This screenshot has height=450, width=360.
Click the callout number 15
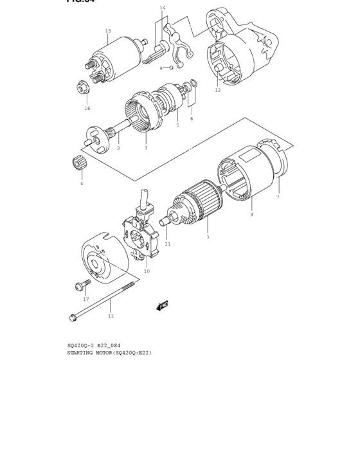point(108,31)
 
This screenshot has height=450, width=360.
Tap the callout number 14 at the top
point(163,8)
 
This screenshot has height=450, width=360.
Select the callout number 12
point(217,91)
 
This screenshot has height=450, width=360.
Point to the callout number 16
point(87,108)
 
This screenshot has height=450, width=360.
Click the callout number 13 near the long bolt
point(111,316)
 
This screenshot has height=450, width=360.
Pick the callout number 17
point(85,300)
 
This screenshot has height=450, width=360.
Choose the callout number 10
point(147,271)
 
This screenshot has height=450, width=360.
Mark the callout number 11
point(168,244)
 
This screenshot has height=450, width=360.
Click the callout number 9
point(251,214)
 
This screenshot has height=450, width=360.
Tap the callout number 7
point(278,197)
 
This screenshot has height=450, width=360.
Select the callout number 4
point(82,184)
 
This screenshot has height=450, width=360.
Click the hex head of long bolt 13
point(72,316)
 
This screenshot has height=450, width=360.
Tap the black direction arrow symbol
point(162,305)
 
